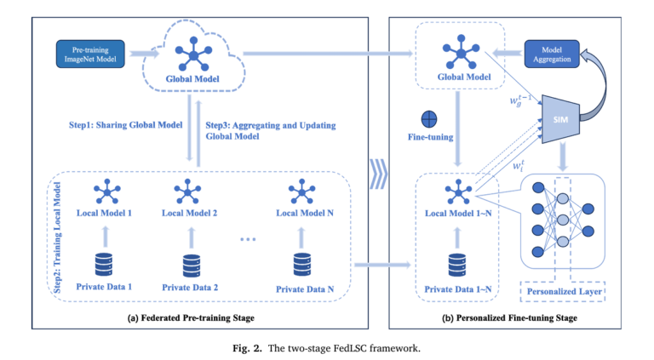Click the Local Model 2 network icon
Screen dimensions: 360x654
(187, 186)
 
